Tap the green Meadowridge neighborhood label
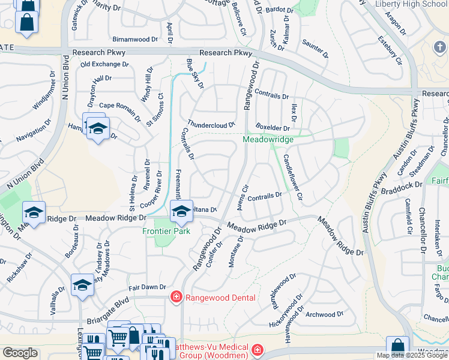pos(268,139)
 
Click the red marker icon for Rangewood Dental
pos(176,297)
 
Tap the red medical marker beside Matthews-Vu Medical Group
pos(257,349)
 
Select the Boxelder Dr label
pos(273,128)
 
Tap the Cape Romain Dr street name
pos(120,105)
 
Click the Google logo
pos(20,353)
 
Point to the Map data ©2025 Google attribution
pos(412,355)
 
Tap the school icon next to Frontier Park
pos(181,211)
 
